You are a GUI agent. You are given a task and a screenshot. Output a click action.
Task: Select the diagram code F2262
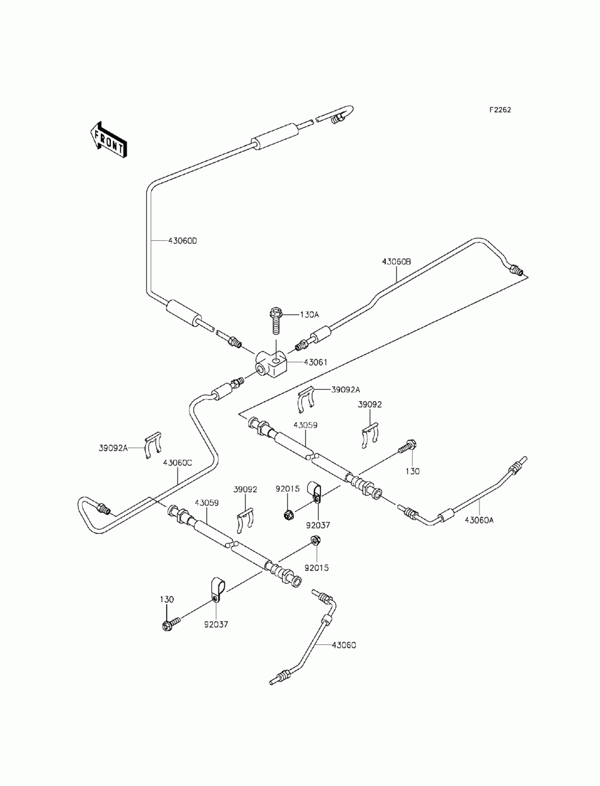[500, 110]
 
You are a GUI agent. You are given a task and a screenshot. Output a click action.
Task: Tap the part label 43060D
[182, 241]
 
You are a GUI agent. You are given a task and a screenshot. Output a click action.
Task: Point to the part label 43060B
[396, 262]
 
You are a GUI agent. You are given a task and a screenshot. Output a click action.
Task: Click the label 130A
[309, 315]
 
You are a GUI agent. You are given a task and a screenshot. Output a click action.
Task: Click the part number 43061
[316, 363]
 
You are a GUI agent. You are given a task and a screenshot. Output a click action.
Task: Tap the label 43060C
[178, 462]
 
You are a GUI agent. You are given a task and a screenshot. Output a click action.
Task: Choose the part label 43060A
[479, 521]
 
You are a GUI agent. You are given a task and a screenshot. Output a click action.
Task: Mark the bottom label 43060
[344, 645]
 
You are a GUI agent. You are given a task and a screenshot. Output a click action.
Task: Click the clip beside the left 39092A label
[153, 445]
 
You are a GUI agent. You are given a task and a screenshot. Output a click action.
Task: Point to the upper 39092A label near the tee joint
[346, 390]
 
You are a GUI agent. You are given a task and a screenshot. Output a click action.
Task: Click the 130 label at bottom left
[167, 599]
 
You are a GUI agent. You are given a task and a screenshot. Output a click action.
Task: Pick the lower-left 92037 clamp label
[216, 624]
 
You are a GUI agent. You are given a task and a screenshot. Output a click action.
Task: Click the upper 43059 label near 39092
[305, 425]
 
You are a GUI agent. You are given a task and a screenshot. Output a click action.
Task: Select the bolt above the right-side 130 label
[408, 446]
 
